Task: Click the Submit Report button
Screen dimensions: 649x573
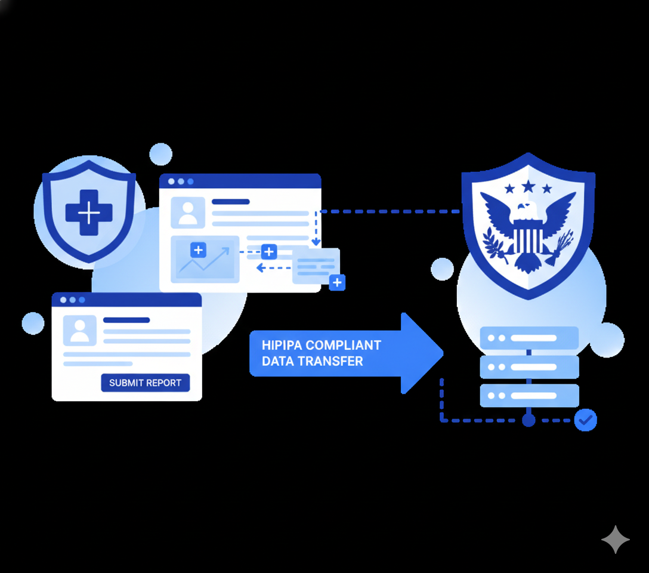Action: coord(146,383)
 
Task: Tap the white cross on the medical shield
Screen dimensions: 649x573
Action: coord(89,212)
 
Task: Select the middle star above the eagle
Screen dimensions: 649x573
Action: coord(529,186)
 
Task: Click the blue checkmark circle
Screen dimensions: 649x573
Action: coord(585,420)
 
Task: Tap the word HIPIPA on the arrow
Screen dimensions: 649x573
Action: coord(283,346)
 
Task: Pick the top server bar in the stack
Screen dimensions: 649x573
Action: coord(529,338)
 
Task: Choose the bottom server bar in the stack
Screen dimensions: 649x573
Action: coord(529,395)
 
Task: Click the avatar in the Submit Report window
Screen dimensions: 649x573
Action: coord(79,330)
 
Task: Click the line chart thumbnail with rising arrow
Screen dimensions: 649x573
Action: coord(205,260)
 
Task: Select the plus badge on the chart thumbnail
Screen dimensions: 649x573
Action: coord(198,249)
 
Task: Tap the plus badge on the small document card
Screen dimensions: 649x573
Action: coord(337,282)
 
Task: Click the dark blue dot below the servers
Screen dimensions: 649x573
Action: coord(528,420)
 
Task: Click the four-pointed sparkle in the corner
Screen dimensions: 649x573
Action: coord(615,540)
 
